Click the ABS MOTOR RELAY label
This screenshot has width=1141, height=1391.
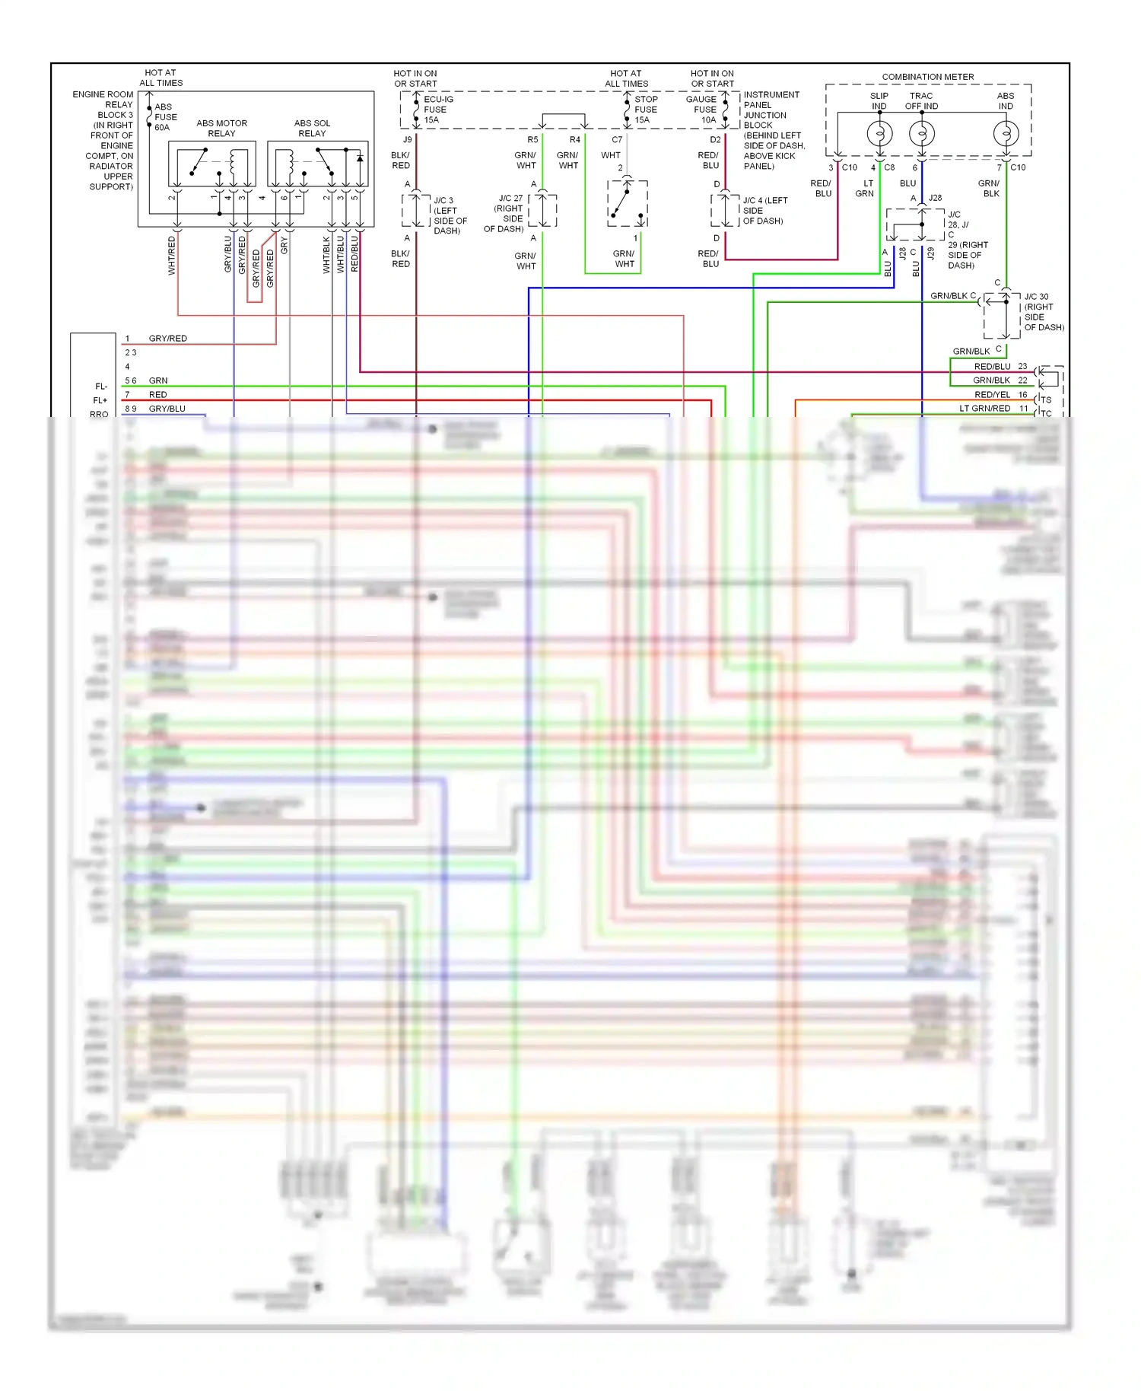coord(221,128)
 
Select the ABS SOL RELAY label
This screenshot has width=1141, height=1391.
coord(312,128)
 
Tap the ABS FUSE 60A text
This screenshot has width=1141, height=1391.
coord(165,117)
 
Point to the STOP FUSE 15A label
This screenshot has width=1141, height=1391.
coord(645,110)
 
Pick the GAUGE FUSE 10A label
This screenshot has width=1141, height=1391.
coord(701,110)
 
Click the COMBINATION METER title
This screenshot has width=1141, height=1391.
coord(927,77)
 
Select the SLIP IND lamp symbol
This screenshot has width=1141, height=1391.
coord(879,135)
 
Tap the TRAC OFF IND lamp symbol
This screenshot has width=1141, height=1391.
coord(921,135)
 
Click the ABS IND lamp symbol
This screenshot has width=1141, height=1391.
coord(1006,135)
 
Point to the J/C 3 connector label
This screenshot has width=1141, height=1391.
coord(449,215)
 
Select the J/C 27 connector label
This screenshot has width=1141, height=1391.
coord(505,213)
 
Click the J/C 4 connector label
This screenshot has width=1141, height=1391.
coord(764,211)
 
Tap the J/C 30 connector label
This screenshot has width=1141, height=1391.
coord(1043,312)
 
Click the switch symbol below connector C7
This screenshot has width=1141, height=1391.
coord(628,203)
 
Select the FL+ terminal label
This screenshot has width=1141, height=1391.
coord(100,400)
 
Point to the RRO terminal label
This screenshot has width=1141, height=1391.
coord(99,414)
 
